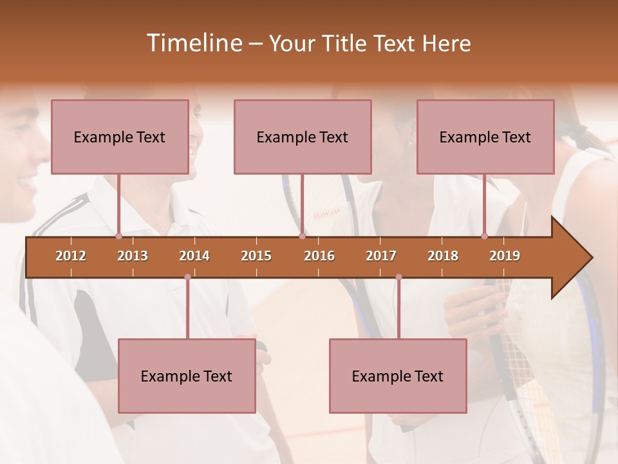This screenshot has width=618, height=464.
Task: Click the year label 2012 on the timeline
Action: click(x=71, y=256)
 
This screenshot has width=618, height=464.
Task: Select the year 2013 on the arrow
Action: click(x=133, y=256)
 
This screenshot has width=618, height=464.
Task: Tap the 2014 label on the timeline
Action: click(x=194, y=256)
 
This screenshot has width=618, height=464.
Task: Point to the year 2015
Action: click(x=256, y=256)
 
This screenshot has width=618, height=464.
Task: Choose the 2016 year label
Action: click(x=319, y=256)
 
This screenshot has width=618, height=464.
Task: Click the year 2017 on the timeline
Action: click(x=381, y=256)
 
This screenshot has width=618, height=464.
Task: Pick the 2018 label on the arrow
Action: click(x=443, y=256)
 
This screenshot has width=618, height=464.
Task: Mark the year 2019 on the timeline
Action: click(x=505, y=256)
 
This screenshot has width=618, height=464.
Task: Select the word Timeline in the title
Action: click(x=193, y=43)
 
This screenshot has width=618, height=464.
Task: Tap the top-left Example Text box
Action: click(x=120, y=137)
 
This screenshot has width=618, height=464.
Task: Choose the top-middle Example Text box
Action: click(x=303, y=137)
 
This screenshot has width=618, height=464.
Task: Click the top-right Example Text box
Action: click(x=485, y=137)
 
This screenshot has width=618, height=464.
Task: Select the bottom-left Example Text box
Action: click(x=187, y=376)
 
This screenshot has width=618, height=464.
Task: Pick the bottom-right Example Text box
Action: click(x=398, y=376)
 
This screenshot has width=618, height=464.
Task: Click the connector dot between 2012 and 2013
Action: click(x=118, y=237)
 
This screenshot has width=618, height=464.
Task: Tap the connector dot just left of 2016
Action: click(x=302, y=237)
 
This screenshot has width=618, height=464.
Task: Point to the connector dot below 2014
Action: click(x=187, y=277)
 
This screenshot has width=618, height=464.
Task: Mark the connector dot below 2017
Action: click(x=398, y=277)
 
